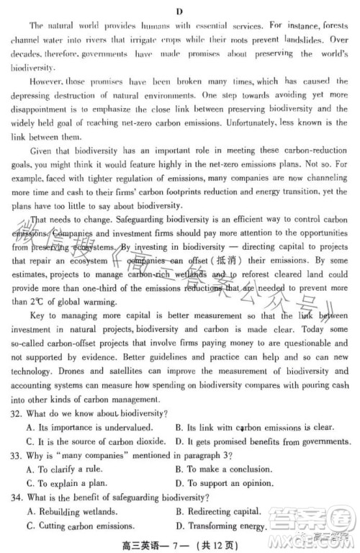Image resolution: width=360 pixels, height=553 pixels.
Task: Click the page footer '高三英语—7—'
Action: pyautogui.click(x=159, y=544)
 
